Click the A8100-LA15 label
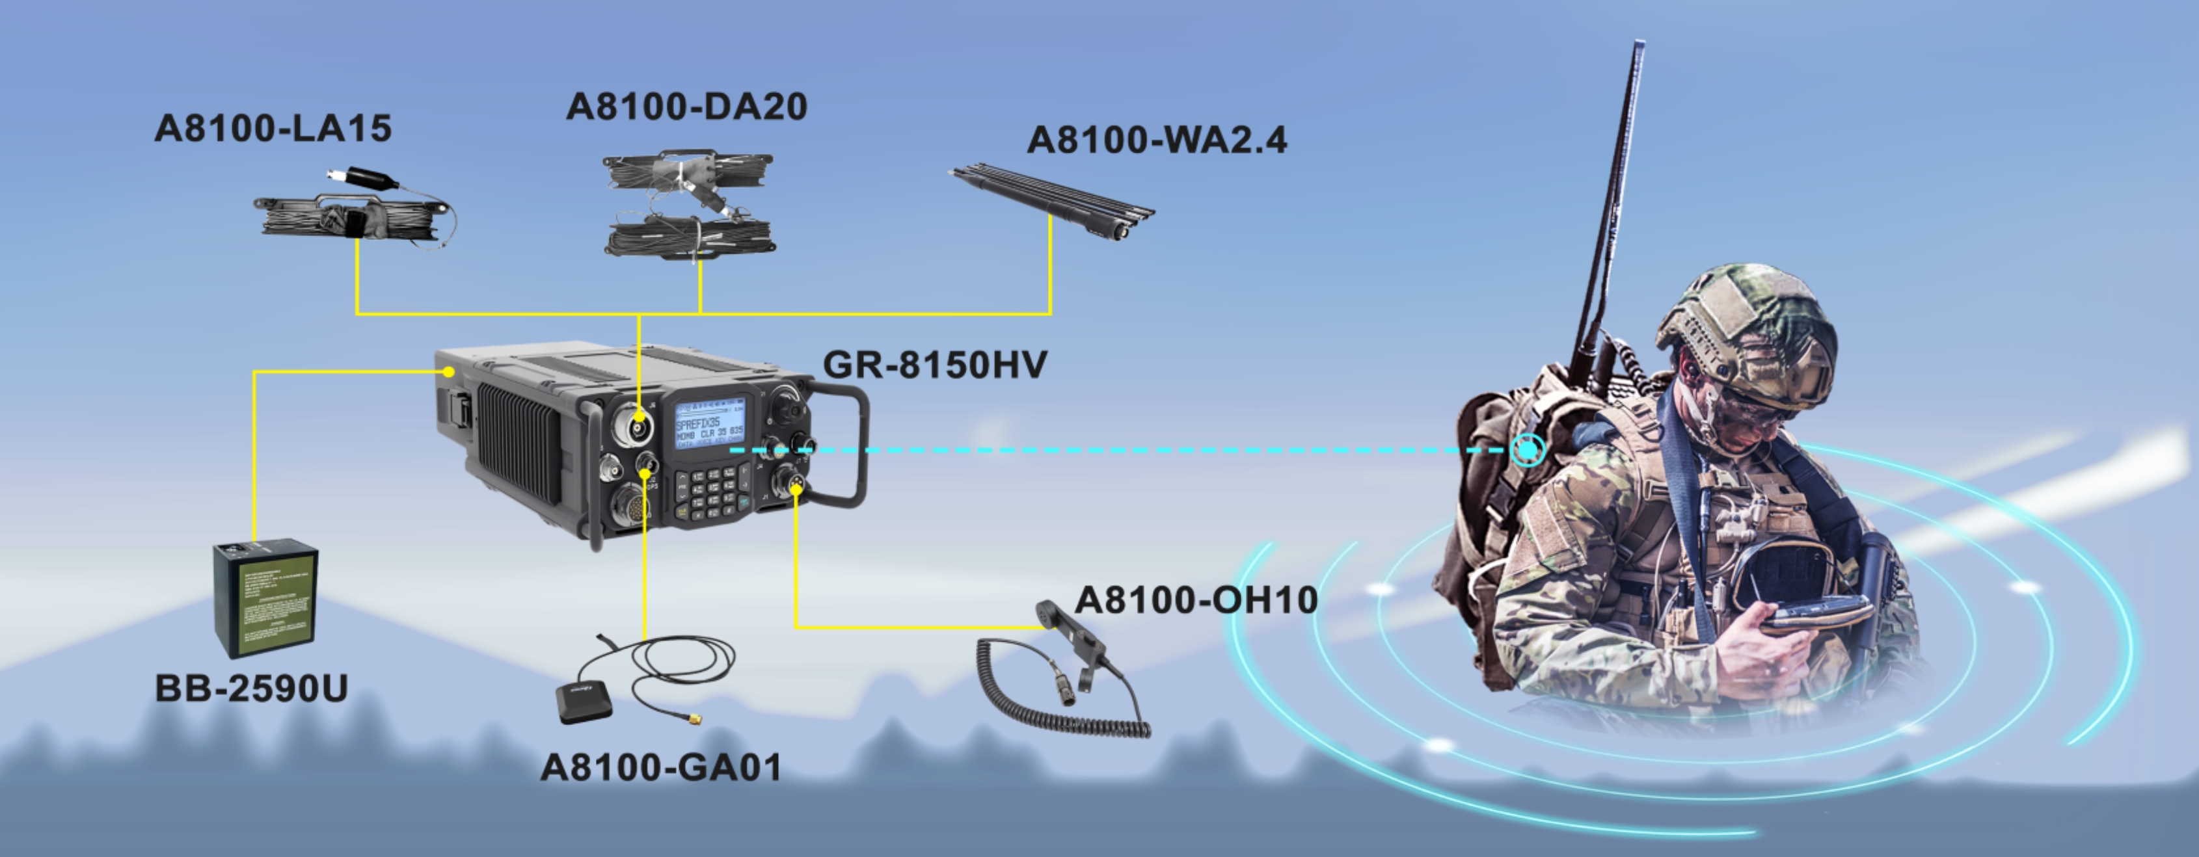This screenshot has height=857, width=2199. tap(273, 129)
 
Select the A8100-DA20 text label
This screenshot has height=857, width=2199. tap(686, 107)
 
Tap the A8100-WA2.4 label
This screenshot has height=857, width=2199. tap(1157, 140)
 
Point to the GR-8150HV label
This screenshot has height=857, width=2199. tap(935, 365)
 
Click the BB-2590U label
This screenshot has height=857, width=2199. tap(252, 688)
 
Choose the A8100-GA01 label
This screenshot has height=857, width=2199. tap(662, 767)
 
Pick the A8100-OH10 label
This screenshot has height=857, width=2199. tap(1196, 600)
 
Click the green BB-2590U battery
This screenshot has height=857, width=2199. tap(265, 598)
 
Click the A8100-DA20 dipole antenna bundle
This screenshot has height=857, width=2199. tap(690, 205)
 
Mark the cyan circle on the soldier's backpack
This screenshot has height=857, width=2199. tap(1527, 449)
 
